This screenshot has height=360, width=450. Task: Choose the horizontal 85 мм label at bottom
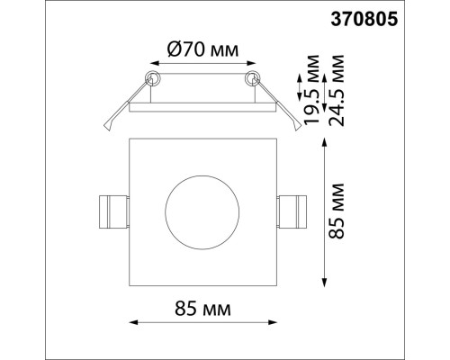click(202, 309)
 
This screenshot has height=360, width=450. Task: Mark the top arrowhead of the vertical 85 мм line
click(324, 140)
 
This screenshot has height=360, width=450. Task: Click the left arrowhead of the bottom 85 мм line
click(133, 321)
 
